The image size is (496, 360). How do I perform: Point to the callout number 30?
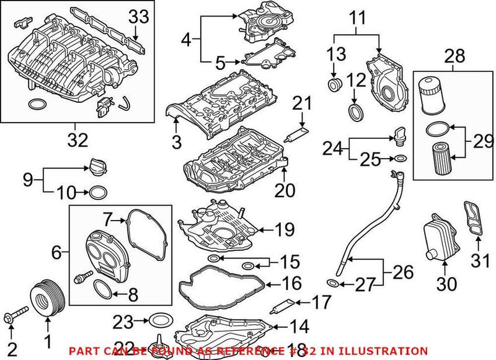[x=446, y=284]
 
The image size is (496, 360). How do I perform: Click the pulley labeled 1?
[x=46, y=297]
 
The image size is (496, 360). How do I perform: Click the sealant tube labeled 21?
[x=297, y=131]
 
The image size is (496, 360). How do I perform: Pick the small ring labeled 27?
[x=333, y=284]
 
